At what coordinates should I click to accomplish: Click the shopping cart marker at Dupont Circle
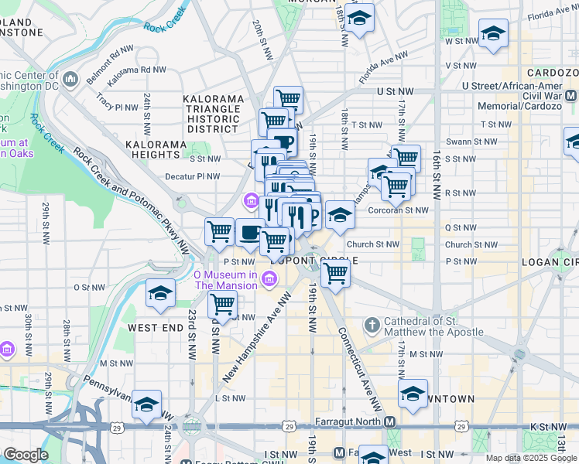coord(334,273)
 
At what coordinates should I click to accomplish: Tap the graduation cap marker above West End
coord(160,294)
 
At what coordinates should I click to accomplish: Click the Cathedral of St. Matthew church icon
coord(372,323)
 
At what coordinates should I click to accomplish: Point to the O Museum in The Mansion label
coord(225,280)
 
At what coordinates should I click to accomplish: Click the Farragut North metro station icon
coord(389,422)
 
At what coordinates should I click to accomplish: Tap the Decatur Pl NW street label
coord(193,176)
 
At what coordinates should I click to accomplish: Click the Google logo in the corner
coord(26,455)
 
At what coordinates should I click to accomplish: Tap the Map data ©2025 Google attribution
coord(530,458)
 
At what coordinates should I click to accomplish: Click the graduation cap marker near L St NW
coord(146,404)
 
